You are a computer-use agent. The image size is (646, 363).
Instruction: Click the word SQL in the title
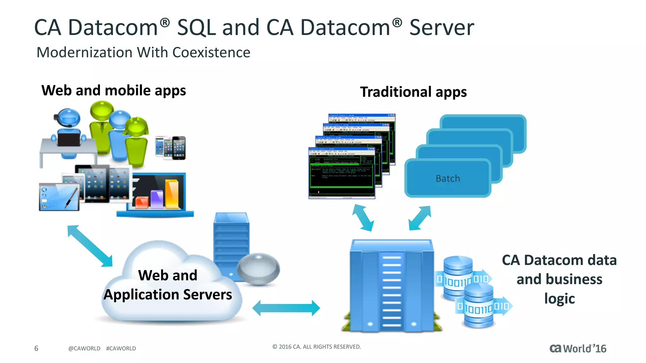click(x=196, y=28)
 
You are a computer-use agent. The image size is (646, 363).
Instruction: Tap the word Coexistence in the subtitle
click(x=211, y=53)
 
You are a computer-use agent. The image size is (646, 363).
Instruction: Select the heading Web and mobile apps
click(x=114, y=91)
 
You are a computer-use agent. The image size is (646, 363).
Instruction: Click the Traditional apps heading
click(x=413, y=92)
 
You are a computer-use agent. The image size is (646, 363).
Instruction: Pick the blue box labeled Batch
click(x=448, y=179)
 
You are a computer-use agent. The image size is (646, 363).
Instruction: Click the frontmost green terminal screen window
click(x=341, y=173)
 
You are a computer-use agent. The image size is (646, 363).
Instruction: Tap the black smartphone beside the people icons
click(x=179, y=148)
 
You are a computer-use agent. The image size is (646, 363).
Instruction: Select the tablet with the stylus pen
click(x=59, y=197)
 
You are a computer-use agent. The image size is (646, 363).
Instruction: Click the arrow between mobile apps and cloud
click(x=90, y=246)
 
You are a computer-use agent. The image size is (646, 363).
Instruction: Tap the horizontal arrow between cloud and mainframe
click(x=286, y=308)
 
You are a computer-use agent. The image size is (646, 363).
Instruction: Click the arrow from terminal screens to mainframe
click(x=363, y=218)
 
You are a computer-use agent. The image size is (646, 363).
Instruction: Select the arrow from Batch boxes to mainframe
click(x=420, y=218)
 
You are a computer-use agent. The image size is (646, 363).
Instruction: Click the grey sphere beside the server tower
click(x=258, y=268)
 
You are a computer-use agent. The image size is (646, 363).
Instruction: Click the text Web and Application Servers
click(x=168, y=285)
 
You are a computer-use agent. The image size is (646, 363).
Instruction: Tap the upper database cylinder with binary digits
click(x=458, y=277)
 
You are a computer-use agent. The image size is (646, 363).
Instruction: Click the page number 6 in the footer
click(x=36, y=348)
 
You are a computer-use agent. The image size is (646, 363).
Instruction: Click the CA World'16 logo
click(x=578, y=349)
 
